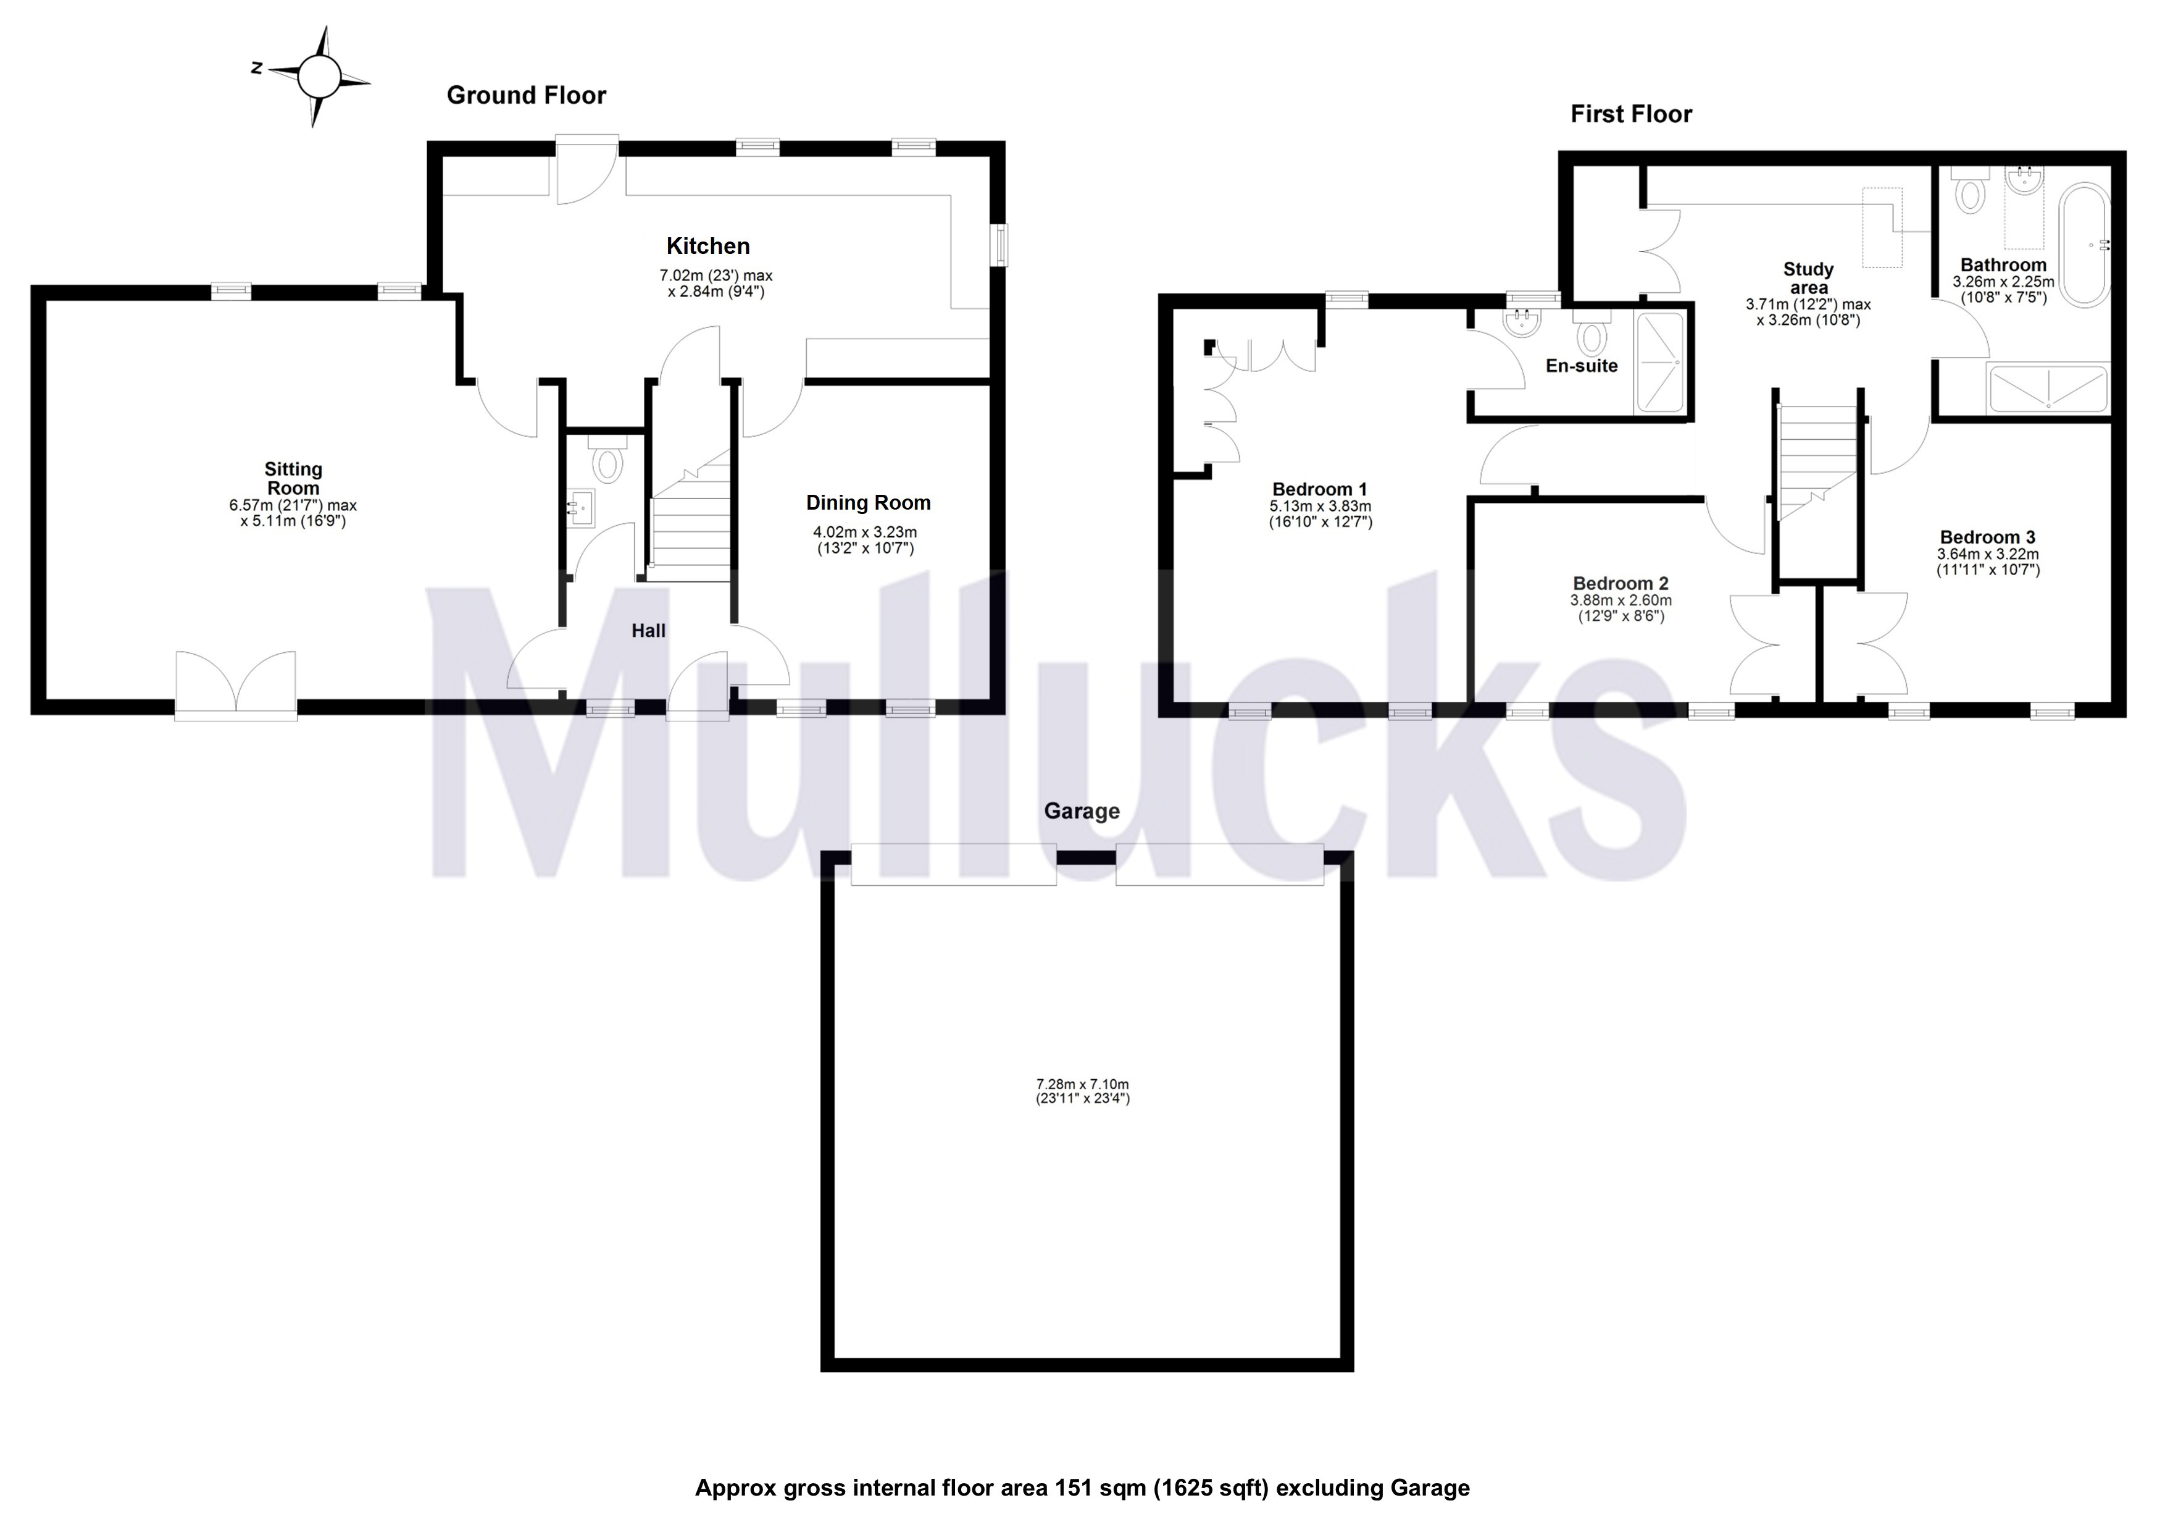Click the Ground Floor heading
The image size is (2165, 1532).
click(x=526, y=95)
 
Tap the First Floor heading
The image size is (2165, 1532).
click(x=1630, y=114)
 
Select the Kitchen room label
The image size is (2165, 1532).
click(x=708, y=246)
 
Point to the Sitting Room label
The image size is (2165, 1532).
click(x=293, y=478)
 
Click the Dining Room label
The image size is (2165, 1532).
click(x=867, y=503)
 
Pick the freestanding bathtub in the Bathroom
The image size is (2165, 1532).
click(x=2084, y=245)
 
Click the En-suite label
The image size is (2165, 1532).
click(x=1582, y=366)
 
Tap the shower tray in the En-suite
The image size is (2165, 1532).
click(x=1661, y=362)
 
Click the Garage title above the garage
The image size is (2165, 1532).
click(x=1082, y=811)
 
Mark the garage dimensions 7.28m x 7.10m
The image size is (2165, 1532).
click(x=1083, y=1085)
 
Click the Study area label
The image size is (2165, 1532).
click(x=1808, y=278)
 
